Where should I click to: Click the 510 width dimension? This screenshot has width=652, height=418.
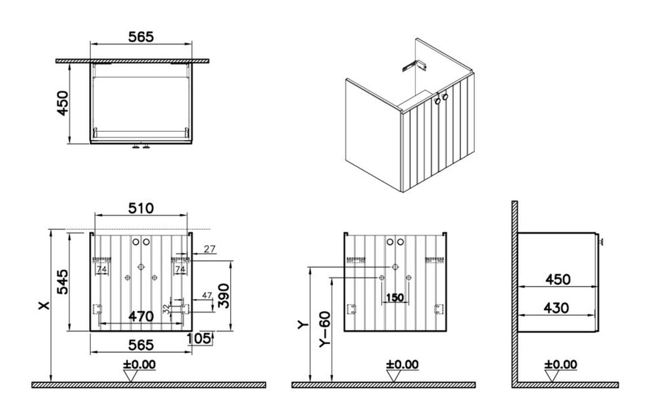(x=140, y=208)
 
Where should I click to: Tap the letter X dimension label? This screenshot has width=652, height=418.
(x=44, y=304)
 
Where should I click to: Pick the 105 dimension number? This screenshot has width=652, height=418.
(x=200, y=338)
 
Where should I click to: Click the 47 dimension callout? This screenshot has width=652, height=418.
(x=206, y=295)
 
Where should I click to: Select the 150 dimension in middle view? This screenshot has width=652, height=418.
(x=395, y=297)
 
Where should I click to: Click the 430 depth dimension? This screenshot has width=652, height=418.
(x=556, y=308)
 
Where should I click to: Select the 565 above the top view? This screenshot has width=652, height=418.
(x=140, y=37)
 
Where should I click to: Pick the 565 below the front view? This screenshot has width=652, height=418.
(x=140, y=344)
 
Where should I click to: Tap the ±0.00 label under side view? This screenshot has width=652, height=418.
(x=561, y=364)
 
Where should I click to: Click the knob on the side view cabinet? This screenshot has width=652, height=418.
(x=601, y=242)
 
